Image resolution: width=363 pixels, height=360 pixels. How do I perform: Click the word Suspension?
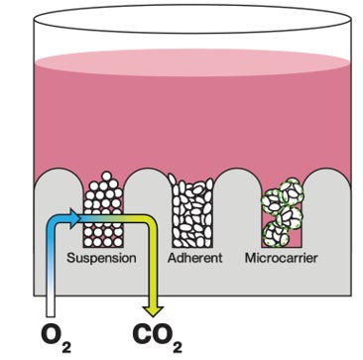(101, 258)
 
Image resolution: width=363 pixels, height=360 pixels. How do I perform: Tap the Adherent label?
(195, 258)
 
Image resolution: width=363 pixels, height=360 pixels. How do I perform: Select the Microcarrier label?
(282, 258)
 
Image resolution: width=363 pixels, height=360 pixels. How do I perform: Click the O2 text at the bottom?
(56, 338)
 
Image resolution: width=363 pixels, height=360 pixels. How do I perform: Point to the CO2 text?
(158, 338)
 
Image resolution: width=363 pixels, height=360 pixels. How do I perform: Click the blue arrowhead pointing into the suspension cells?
(74, 217)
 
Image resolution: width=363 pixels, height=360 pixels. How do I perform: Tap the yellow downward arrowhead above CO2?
(153, 311)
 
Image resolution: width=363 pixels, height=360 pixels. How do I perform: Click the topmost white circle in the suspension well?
(106, 177)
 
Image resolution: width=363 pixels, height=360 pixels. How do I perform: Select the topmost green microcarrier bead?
(292, 190)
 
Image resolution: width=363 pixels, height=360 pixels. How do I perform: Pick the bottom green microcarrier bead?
(275, 234)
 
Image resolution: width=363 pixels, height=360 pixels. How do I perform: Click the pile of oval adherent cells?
(192, 210)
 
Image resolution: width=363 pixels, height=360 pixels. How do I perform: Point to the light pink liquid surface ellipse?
(192, 62)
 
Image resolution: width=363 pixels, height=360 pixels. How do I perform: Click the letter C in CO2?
(143, 334)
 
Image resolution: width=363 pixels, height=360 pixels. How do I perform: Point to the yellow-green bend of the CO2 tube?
(151, 221)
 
